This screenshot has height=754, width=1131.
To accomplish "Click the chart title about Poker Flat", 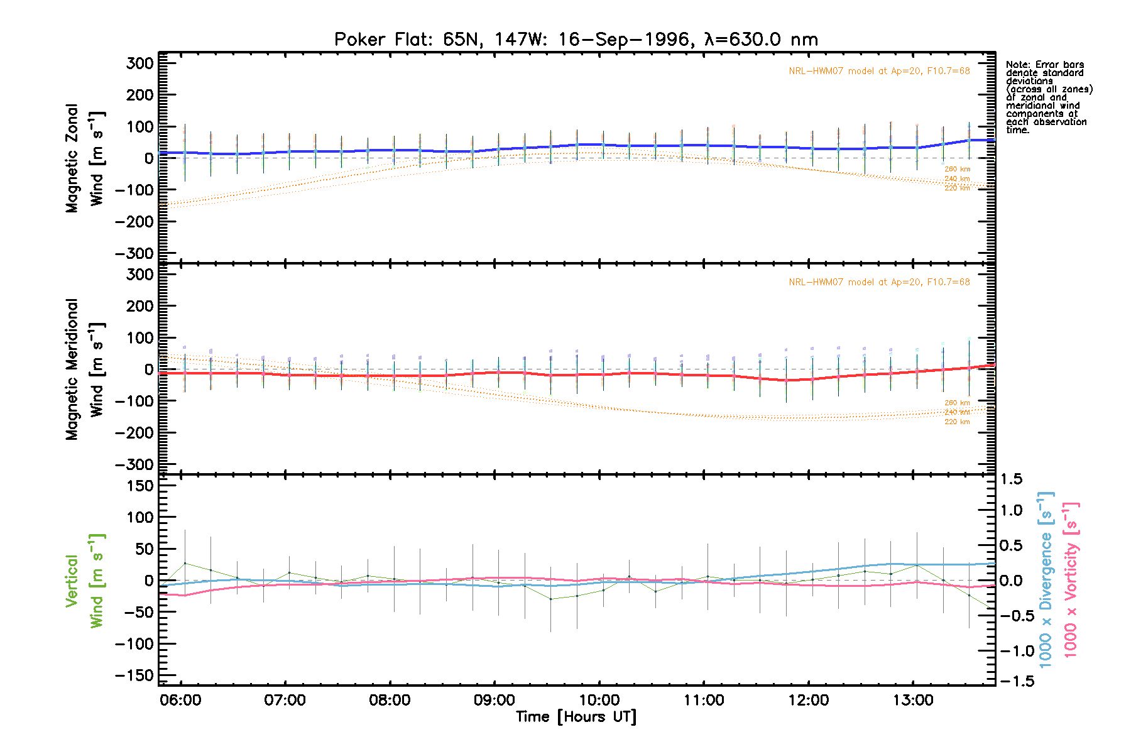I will click(x=576, y=40).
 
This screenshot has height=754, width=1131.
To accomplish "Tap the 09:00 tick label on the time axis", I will click(x=494, y=700).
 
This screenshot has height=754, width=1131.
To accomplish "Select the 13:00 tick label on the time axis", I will click(x=912, y=700).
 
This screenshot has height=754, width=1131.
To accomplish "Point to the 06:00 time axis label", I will click(x=181, y=700).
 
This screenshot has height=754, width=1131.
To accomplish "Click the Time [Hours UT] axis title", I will click(x=576, y=717).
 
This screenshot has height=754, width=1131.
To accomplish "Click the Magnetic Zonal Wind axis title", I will click(x=85, y=158).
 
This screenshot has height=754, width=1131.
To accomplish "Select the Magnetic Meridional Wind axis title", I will click(x=85, y=369).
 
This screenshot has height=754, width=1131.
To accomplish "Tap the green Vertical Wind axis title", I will click(x=85, y=581).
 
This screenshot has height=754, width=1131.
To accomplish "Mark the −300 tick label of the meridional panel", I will click(x=134, y=464).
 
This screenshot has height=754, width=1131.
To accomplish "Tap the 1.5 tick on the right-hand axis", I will click(x=1012, y=479).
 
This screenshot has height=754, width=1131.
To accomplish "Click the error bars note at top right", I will click(x=1048, y=97).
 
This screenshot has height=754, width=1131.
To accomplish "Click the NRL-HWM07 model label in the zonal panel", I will click(x=879, y=71).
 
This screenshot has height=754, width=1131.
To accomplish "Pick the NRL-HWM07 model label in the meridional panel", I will click(x=879, y=282).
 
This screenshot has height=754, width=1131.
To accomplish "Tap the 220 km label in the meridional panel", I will click(x=957, y=422).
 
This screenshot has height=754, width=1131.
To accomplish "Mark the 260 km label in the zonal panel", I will click(x=957, y=169).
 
